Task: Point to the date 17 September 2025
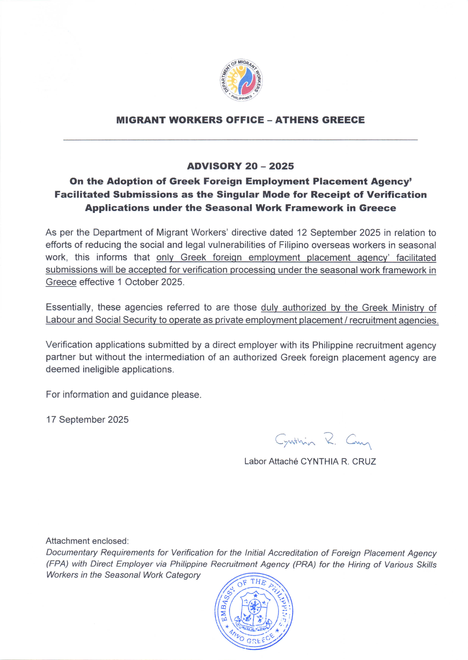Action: coord(87,420)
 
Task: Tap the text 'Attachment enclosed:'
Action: coord(87,541)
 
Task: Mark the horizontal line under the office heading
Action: coord(240,140)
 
